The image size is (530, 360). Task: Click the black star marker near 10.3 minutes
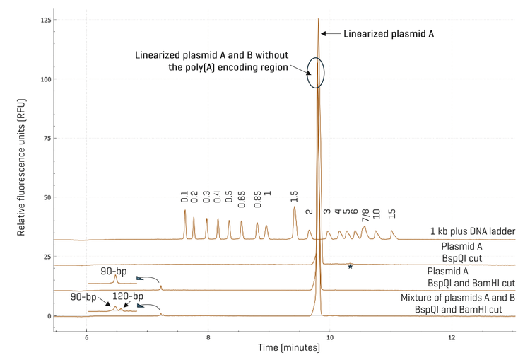350,267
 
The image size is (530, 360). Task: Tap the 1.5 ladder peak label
294,197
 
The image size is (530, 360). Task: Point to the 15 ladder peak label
391,213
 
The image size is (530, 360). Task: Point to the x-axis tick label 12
452,337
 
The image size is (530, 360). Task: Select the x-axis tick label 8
208,337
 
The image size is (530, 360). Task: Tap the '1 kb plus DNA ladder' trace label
471,231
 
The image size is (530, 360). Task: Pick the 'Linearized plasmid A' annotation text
388,33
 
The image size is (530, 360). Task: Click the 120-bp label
128,296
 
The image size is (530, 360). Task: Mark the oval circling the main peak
316,72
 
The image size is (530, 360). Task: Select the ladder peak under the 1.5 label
295,209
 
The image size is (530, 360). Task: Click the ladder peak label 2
309,211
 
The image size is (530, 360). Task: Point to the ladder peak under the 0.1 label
185,212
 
